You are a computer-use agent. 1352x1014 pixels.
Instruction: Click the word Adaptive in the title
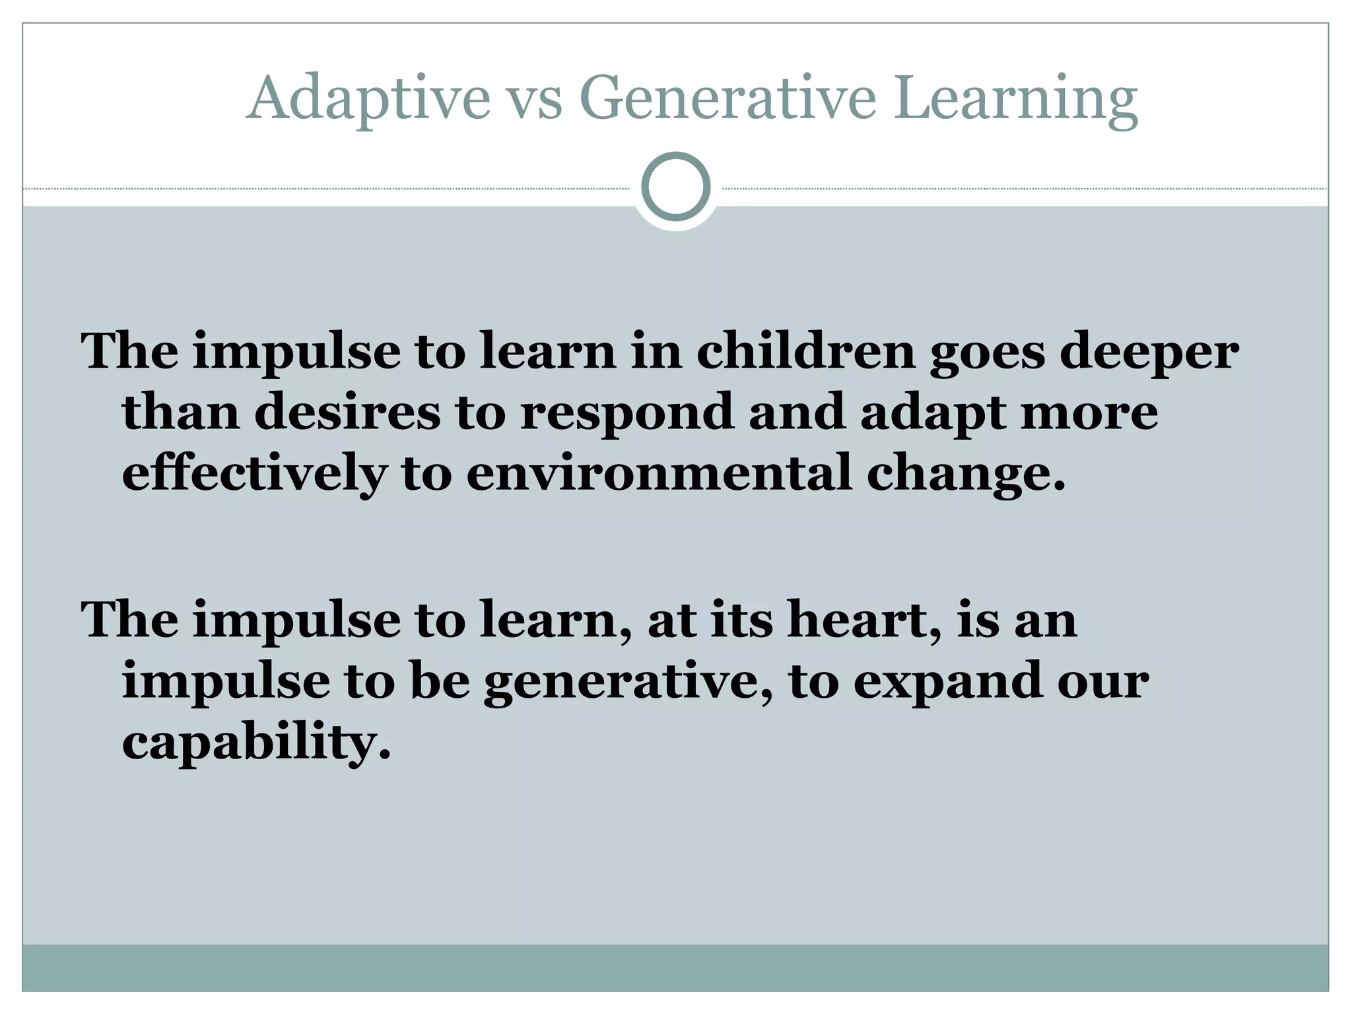point(368,99)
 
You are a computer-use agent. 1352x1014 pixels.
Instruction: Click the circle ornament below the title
point(675,187)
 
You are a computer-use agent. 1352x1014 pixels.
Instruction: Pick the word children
point(806,351)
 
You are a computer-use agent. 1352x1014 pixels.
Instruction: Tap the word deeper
point(1149,353)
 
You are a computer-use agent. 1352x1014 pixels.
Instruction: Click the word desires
point(347,412)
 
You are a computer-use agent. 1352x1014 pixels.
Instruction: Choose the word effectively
point(255,473)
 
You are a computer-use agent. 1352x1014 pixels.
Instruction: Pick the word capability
point(256,743)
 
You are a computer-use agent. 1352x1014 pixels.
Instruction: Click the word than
point(181,412)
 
